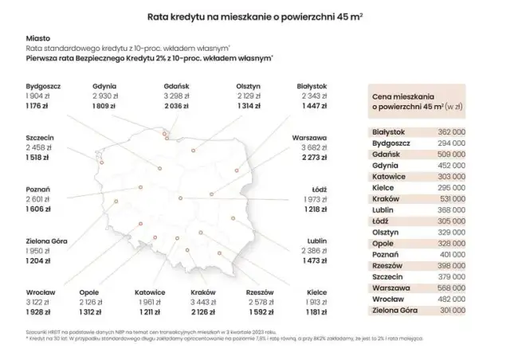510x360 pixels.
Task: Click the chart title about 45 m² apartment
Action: tap(254, 15)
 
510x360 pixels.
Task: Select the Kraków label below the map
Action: tap(204, 292)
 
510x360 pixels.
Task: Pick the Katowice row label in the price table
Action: tap(390, 175)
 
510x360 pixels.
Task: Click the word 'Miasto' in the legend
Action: tap(37, 37)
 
